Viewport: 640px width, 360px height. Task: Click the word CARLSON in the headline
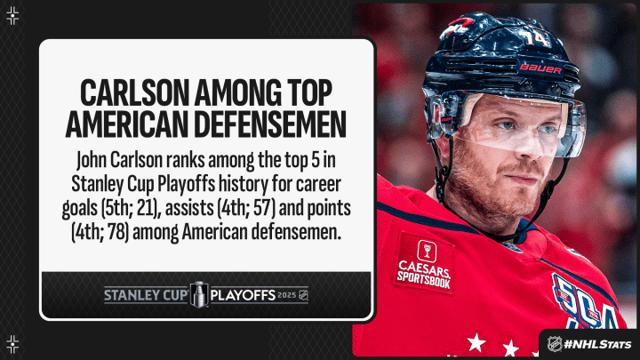pyautogui.click(x=134, y=92)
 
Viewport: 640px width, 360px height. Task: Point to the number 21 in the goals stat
pyautogui.click(x=147, y=208)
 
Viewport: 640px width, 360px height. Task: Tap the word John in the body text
pyautogui.click(x=91, y=160)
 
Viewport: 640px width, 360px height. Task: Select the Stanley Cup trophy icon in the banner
pyautogui.click(x=199, y=294)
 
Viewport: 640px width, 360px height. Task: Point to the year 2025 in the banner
pyautogui.click(x=286, y=295)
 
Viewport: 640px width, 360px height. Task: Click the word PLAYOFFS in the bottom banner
pyautogui.click(x=243, y=295)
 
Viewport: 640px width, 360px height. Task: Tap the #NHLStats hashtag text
pyautogui.click(x=596, y=344)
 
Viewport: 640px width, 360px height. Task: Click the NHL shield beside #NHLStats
pyautogui.click(x=554, y=344)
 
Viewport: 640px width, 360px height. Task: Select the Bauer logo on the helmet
pyautogui.click(x=540, y=68)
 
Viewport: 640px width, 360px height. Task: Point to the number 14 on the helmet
pyautogui.click(x=536, y=37)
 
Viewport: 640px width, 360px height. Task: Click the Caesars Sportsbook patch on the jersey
pyautogui.click(x=424, y=263)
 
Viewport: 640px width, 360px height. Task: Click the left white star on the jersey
pyautogui.click(x=476, y=342)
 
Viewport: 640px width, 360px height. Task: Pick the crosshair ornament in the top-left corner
pyautogui.click(x=12, y=16)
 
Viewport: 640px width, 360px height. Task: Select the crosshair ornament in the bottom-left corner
pyautogui.click(x=12, y=344)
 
